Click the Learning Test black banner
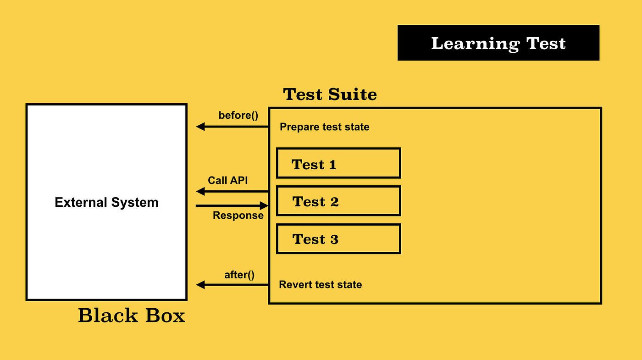[498, 43]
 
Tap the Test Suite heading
[330, 94]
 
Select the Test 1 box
[338, 163]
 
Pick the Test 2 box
[338, 201]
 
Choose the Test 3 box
[338, 238]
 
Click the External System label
[106, 202]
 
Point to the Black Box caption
[131, 316]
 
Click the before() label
[238, 115]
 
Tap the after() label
[239, 275]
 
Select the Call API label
[227, 180]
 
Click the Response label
[238, 215]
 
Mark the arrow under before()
[232, 127]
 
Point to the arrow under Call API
[232, 191]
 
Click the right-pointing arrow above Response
[232, 205]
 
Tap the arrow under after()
[232, 285]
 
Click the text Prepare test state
[324, 127]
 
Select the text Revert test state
[320, 285]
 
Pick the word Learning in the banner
[475, 44]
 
